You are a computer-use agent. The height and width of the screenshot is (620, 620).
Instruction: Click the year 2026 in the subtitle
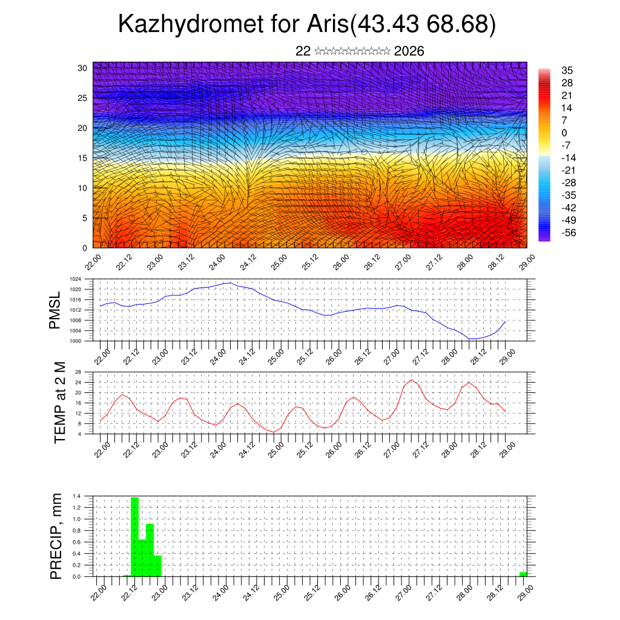click(x=409, y=51)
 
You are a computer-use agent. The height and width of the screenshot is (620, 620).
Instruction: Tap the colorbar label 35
click(x=567, y=70)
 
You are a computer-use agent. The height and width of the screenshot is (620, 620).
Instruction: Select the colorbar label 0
click(x=564, y=133)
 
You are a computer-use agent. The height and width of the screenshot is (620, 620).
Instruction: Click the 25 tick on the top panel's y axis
click(x=83, y=97)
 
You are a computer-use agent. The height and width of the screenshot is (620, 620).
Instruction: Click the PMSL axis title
click(x=56, y=311)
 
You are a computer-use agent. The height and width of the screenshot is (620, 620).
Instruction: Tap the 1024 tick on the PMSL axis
click(x=75, y=279)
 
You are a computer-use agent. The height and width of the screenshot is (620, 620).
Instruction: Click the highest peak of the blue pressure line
click(x=229, y=283)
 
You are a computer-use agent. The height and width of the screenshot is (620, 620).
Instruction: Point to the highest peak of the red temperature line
click(x=412, y=380)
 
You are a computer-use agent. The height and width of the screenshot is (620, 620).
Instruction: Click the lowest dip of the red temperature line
click(x=274, y=432)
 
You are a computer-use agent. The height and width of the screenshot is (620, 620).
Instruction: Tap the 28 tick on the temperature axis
click(x=78, y=372)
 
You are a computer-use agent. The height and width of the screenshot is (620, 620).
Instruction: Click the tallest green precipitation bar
click(x=134, y=536)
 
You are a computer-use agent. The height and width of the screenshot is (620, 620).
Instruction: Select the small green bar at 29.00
click(x=523, y=574)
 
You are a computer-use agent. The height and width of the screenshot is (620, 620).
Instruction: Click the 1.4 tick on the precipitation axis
click(x=77, y=496)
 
